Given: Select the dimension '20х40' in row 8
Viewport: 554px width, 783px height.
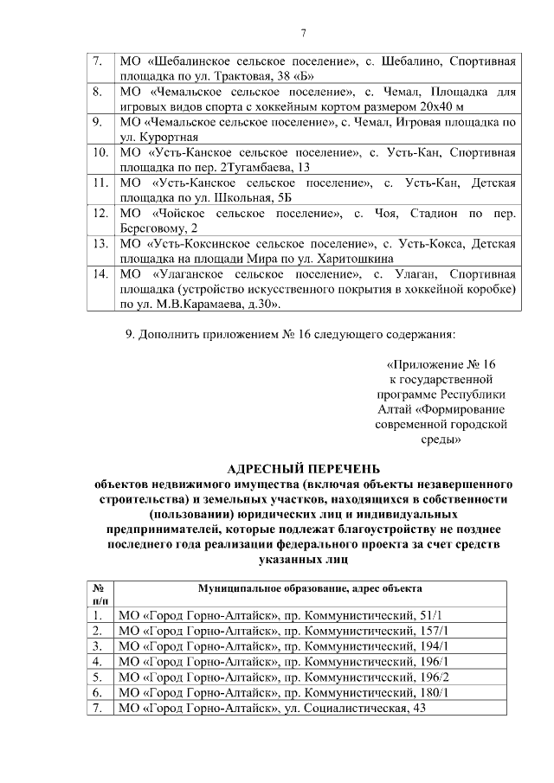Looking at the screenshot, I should tap(430, 106).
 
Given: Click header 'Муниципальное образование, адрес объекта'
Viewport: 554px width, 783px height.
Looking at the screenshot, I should tap(310, 588).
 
